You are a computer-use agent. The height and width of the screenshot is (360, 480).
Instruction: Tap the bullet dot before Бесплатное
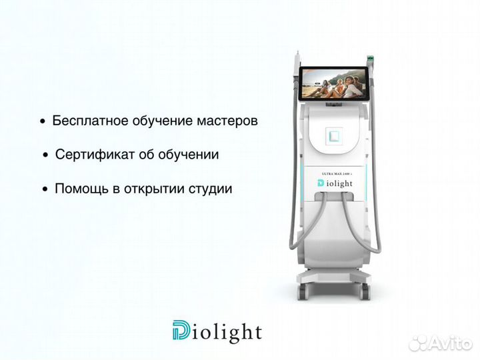(43, 123)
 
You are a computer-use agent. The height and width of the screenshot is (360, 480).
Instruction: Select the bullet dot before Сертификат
(45, 155)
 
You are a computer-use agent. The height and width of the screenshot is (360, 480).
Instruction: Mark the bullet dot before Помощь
(45, 189)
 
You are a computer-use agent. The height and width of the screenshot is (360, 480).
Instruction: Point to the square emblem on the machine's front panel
(334, 136)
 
